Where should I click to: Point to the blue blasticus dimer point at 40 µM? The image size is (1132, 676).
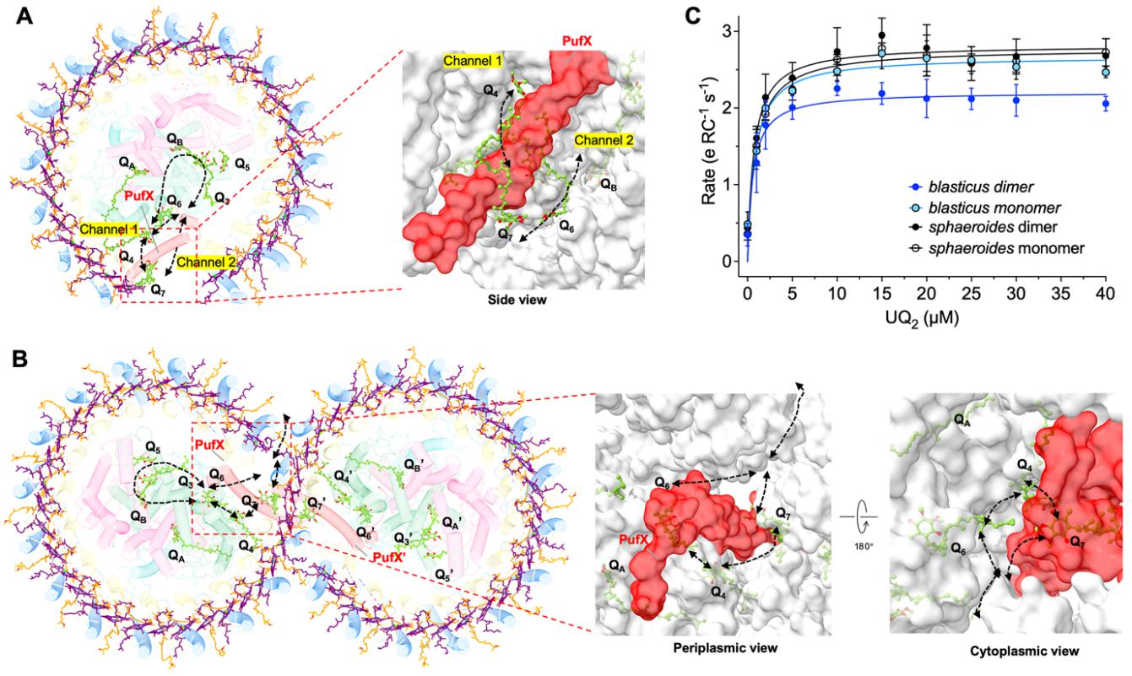(1105, 104)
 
